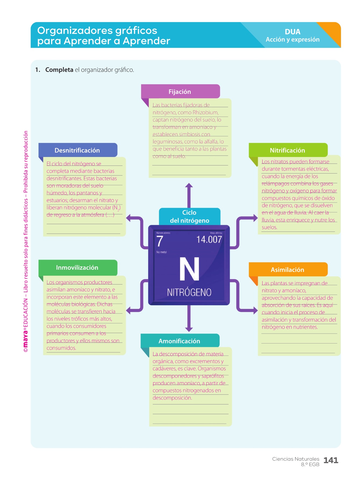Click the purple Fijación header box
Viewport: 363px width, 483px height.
(x=180, y=92)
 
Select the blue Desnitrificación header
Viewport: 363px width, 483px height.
(x=77, y=150)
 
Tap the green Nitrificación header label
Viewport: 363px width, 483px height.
(x=287, y=150)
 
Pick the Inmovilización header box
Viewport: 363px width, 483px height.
(x=77, y=267)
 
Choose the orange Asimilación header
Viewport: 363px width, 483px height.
(x=288, y=269)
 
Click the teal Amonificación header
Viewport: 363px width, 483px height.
(x=180, y=341)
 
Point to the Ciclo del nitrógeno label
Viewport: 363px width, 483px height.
(x=190, y=216)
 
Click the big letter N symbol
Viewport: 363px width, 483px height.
(x=189, y=269)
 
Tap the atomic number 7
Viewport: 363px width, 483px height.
(x=159, y=241)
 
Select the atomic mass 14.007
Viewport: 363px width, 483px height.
(x=209, y=239)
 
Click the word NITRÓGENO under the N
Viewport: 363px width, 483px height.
(x=189, y=292)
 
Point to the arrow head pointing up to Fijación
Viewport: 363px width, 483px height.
(x=189, y=185)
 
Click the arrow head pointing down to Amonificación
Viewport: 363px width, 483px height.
(x=189, y=329)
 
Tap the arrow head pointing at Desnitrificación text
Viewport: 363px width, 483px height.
(x=129, y=218)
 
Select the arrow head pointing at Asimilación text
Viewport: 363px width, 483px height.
(x=255, y=311)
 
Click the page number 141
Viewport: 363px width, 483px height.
(x=331, y=460)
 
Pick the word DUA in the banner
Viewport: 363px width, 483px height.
(x=293, y=32)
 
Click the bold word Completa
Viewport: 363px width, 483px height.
(x=59, y=70)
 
